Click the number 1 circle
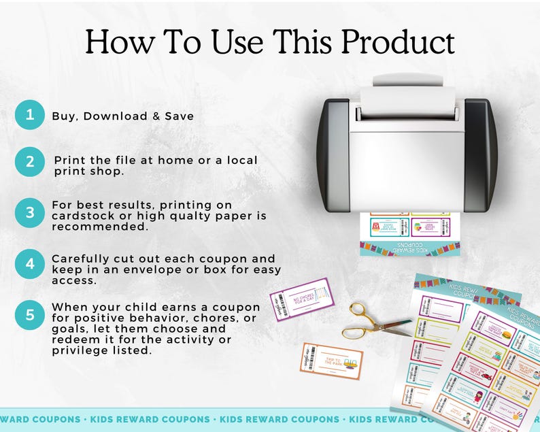pyautogui.click(x=29, y=114)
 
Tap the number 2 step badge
pyautogui.click(x=29, y=161)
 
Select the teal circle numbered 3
pyautogui.click(x=29, y=212)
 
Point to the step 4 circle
pyautogui.click(x=29, y=263)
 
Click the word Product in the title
pyautogui.click(x=397, y=42)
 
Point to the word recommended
pyautogui.click(x=100, y=227)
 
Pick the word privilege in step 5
pyautogui.click(x=80, y=350)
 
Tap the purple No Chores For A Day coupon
pyautogui.click(x=302, y=299)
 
